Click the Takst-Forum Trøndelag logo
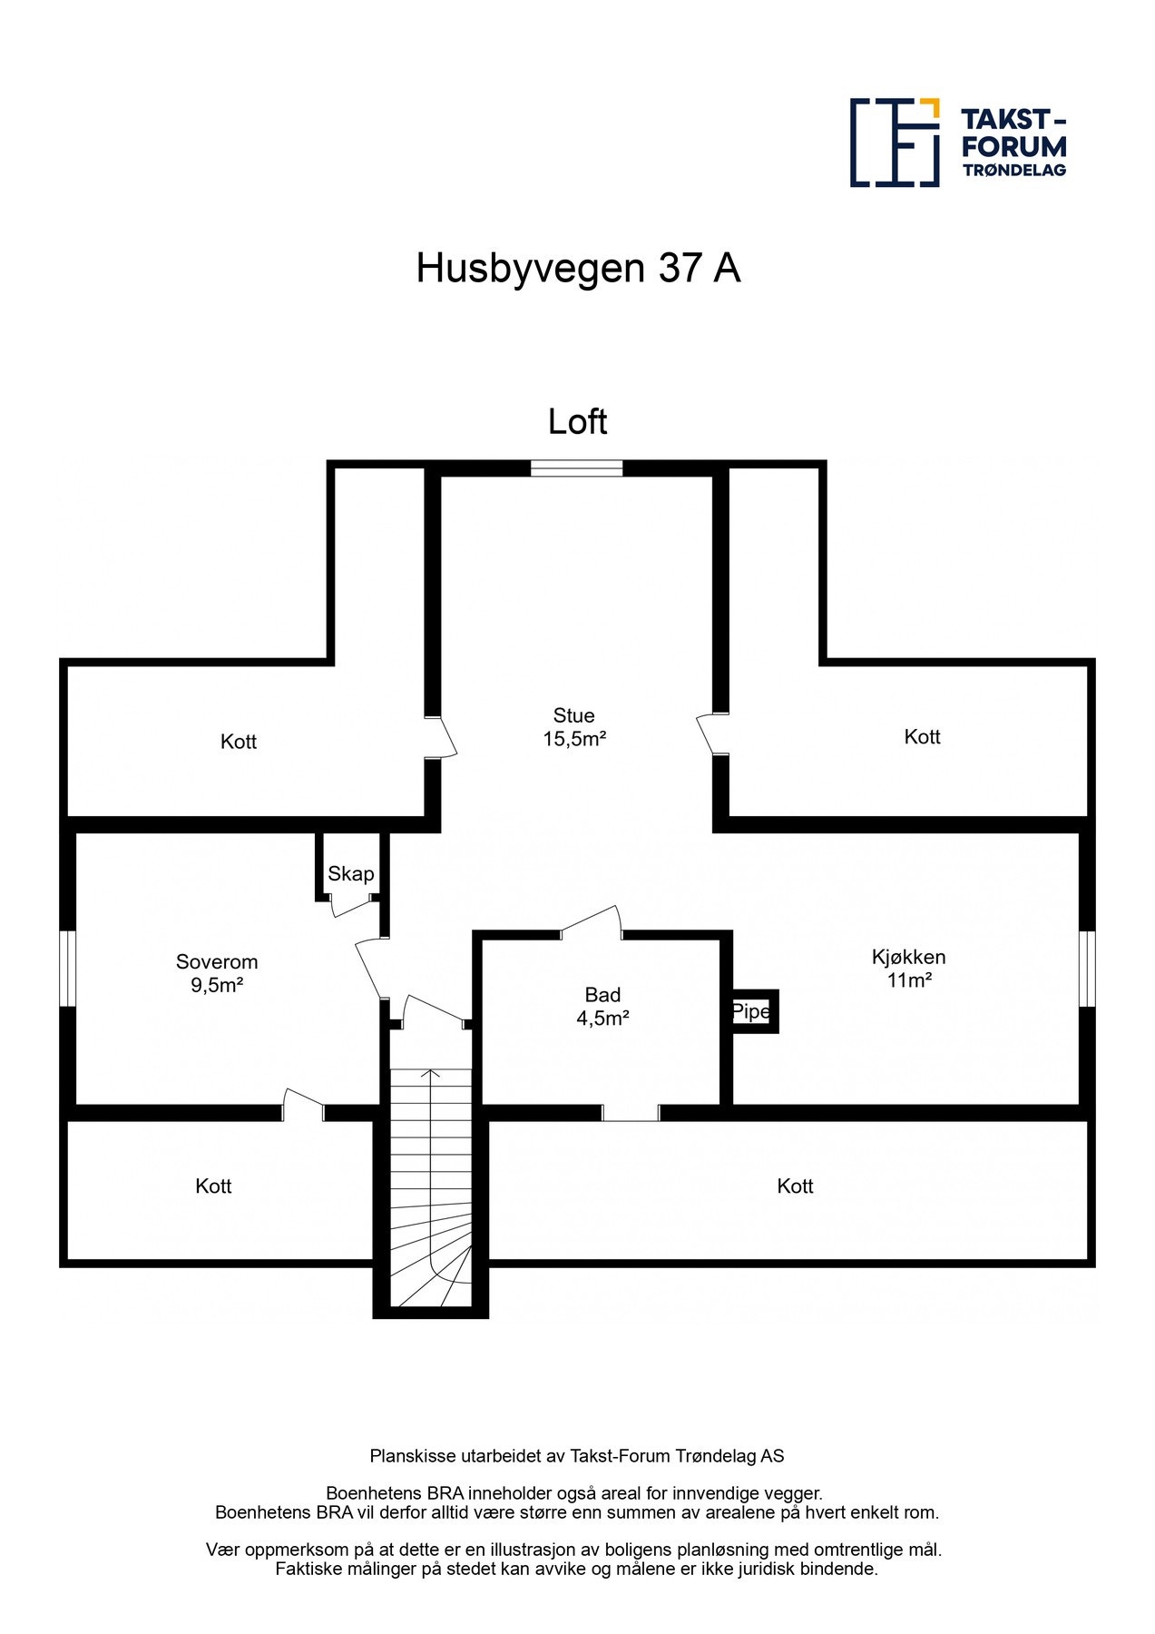[957, 143]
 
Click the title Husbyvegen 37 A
[578, 268]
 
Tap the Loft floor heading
[577, 422]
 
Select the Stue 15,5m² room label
[574, 727]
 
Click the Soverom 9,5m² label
[217, 973]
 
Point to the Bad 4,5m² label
[602, 1006]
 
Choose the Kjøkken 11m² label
[908, 968]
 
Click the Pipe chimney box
[753, 1011]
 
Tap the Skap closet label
[350, 873]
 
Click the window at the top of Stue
[576, 468]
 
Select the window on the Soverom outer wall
[67, 968]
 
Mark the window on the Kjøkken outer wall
[1087, 968]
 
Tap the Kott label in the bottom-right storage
[795, 1186]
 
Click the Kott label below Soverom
[213, 1186]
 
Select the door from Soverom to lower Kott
[303, 1104]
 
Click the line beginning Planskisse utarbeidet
[577, 1456]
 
